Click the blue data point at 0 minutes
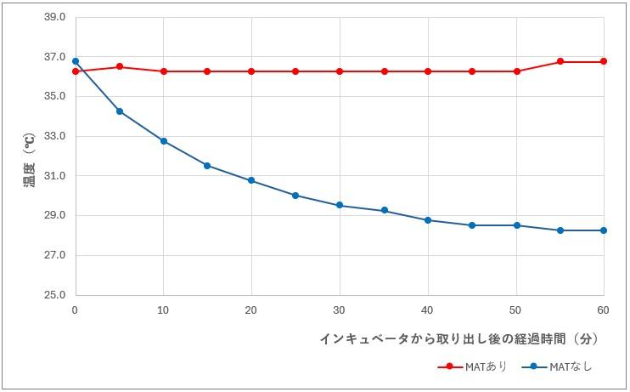pos(76,61)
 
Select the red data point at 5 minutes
pos(120,66)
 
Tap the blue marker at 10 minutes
pos(164,141)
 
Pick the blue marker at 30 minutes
pos(340,205)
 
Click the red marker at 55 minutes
pos(560,61)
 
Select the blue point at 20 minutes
pos(251,180)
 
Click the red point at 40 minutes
pos(428,71)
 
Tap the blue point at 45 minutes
pos(472,225)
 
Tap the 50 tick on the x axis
pos(516,310)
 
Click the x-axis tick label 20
pos(251,310)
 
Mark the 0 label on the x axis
pos(76,310)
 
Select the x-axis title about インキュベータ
pos(459,338)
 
